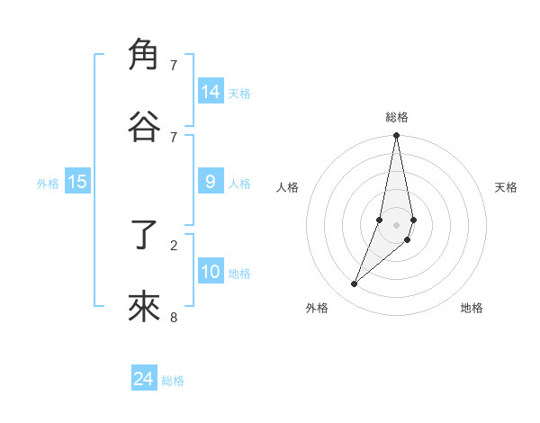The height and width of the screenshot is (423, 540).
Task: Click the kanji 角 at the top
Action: (143, 55)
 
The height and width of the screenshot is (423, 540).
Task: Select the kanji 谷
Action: (143, 126)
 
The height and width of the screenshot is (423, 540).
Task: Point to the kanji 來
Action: (143, 307)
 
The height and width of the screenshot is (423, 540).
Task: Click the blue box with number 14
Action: (211, 92)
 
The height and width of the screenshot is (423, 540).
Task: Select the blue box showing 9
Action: (211, 182)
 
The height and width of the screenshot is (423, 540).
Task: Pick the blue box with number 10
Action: (211, 272)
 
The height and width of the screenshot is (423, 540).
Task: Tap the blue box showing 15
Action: (77, 182)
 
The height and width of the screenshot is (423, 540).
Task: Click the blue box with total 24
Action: (144, 379)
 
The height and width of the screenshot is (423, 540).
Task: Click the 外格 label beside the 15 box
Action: (48, 184)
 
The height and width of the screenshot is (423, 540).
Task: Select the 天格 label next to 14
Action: (239, 94)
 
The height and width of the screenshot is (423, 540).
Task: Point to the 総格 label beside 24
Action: (173, 381)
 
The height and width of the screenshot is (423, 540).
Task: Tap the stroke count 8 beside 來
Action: (174, 317)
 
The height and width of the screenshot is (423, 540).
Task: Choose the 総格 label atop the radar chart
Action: (397, 117)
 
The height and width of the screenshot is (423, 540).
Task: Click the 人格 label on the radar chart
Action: (288, 187)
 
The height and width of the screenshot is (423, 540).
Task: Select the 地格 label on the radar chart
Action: (472, 308)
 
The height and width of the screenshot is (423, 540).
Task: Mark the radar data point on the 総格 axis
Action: (396, 136)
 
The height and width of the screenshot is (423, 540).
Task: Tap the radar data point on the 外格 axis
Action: (355, 284)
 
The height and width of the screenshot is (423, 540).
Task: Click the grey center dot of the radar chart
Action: (396, 225)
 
